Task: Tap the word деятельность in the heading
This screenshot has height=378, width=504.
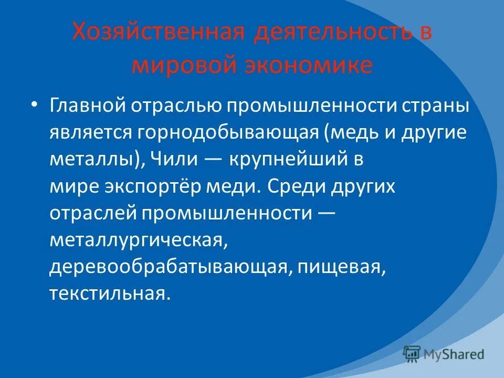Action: point(332,33)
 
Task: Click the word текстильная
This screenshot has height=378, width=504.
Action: point(109,293)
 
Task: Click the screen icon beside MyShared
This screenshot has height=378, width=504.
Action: point(412,353)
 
